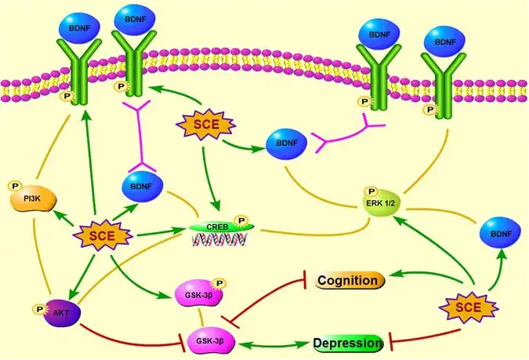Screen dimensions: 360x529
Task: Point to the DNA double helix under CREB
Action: (x=217, y=241)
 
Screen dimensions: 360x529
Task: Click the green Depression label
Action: (x=346, y=344)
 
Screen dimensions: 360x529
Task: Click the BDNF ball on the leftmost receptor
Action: (x=79, y=24)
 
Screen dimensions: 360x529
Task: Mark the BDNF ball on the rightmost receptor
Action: (x=444, y=40)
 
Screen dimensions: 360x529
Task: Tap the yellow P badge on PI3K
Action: (x=14, y=186)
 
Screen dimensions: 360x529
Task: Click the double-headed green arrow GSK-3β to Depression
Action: (x=274, y=344)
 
